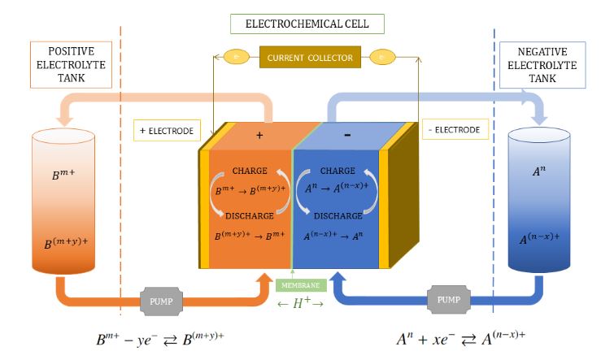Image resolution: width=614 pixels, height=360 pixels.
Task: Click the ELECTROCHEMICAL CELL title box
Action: (x=307, y=24)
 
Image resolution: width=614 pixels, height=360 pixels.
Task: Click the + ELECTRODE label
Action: (x=166, y=129)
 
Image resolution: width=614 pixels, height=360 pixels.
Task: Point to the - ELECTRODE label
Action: (x=451, y=129)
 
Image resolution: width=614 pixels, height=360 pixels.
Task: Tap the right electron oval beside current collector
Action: (x=383, y=57)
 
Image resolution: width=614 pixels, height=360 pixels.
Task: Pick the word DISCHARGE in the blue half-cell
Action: (x=338, y=215)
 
